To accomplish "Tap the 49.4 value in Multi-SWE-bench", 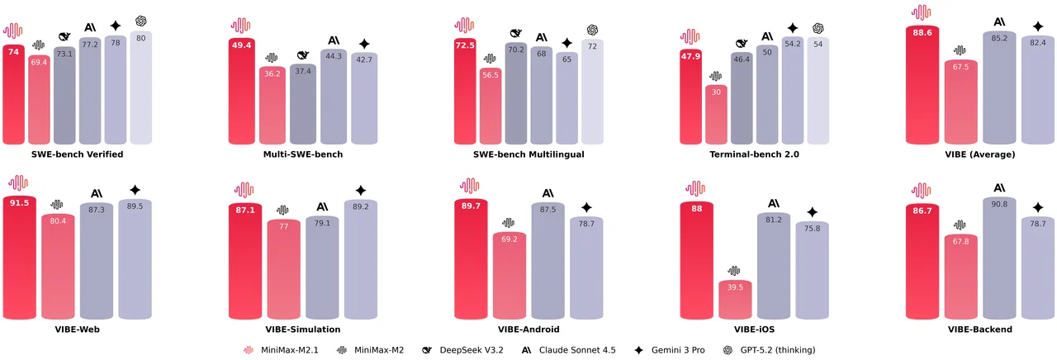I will tap(239, 45).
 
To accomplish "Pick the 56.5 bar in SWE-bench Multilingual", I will tap(491, 107).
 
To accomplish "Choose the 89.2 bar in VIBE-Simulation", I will tap(361, 260).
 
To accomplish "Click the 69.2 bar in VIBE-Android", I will tap(510, 277).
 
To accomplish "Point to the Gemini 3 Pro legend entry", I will tap(669, 350).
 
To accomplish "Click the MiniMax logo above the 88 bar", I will tap(696, 188).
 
